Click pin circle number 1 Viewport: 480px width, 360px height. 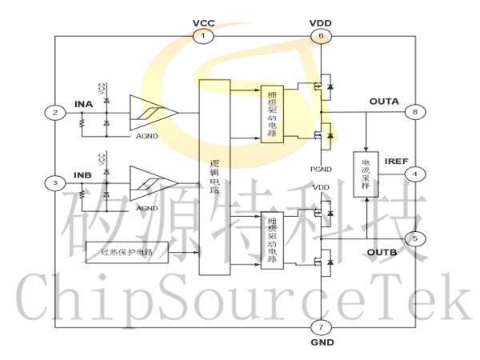coord(203,36)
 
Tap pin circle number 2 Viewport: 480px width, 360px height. coord(55,112)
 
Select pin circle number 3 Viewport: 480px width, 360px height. coord(55,183)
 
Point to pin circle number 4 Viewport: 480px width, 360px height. coord(414,173)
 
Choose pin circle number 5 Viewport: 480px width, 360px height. coord(414,238)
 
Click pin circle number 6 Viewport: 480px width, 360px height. coord(320,36)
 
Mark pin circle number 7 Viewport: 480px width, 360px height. coord(320,327)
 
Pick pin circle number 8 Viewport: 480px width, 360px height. coord(414,112)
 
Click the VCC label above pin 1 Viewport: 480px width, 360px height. coord(203,22)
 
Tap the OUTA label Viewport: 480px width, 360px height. coord(384,102)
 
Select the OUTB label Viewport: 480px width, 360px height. coord(382,253)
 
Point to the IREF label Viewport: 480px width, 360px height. coord(396,162)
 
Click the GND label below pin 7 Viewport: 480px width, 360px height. coord(320,342)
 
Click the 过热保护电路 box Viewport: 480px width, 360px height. coord(127,253)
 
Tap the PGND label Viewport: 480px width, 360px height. coord(320,169)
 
